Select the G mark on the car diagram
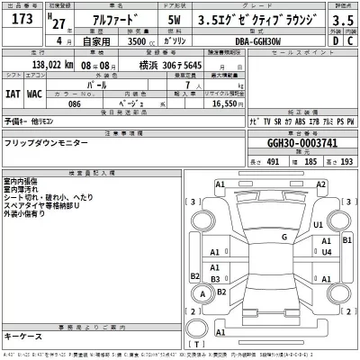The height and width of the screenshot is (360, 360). pos(284,238)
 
